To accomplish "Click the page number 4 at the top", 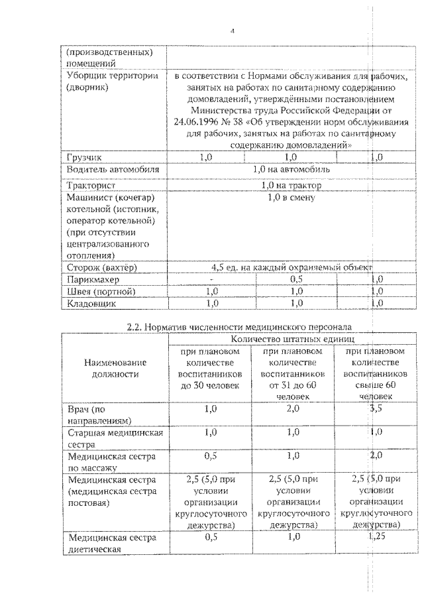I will [x=233, y=30].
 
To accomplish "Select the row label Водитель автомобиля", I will [x=113, y=170].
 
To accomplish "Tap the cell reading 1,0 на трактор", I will [x=291, y=184].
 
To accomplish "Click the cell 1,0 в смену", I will [x=291, y=197].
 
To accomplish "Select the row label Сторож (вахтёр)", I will [x=101, y=267].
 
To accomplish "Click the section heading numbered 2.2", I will [x=239, y=326].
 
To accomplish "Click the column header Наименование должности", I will [x=112, y=369].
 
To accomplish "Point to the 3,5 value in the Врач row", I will [x=376, y=409].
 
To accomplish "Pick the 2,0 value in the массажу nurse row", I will [x=376, y=456].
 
